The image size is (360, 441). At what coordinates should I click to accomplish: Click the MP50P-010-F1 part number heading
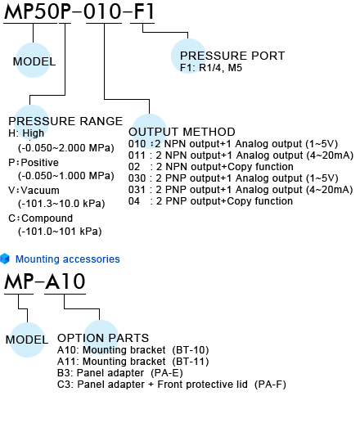pyautogui.click(x=79, y=11)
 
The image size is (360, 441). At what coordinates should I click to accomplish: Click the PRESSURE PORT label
pyautogui.click(x=232, y=56)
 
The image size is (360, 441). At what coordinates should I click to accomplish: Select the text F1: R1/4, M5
pyautogui.click(x=211, y=68)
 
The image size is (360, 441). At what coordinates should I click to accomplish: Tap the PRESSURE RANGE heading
pyautogui.click(x=65, y=121)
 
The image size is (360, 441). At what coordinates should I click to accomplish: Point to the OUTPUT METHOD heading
pyautogui.click(x=182, y=132)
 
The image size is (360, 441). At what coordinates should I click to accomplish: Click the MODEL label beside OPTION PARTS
pyautogui.click(x=27, y=340)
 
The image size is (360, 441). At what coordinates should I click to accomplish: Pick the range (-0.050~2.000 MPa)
pyautogui.click(x=66, y=148)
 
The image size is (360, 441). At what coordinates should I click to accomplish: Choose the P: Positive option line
pyautogui.click(x=34, y=163)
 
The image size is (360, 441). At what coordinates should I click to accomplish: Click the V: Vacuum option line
pyautogui.click(x=34, y=191)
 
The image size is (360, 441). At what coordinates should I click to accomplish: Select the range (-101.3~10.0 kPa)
pyautogui.click(x=61, y=204)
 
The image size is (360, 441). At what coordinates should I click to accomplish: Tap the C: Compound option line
pyautogui.click(x=41, y=218)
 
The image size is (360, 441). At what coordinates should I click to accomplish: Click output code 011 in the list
pyautogui.click(x=137, y=155)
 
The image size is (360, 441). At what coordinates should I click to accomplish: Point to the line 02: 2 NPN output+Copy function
pyautogui.click(x=211, y=167)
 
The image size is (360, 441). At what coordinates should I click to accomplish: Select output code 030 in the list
pyautogui.click(x=137, y=178)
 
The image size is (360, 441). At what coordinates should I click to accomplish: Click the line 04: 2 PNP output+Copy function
pyautogui.click(x=210, y=201)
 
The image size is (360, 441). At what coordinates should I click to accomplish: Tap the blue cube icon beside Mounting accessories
pyautogui.click(x=5, y=259)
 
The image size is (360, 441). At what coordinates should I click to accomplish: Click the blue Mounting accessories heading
pyautogui.click(x=67, y=259)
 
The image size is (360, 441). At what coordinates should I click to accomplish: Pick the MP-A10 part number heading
pyautogui.click(x=45, y=281)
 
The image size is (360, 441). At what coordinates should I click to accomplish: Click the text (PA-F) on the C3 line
pyautogui.click(x=270, y=385)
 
